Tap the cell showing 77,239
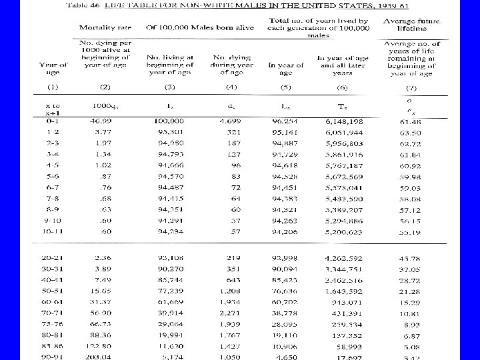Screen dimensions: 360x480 tap(171, 291)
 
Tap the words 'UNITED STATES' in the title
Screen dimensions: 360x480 tap(313, 5)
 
